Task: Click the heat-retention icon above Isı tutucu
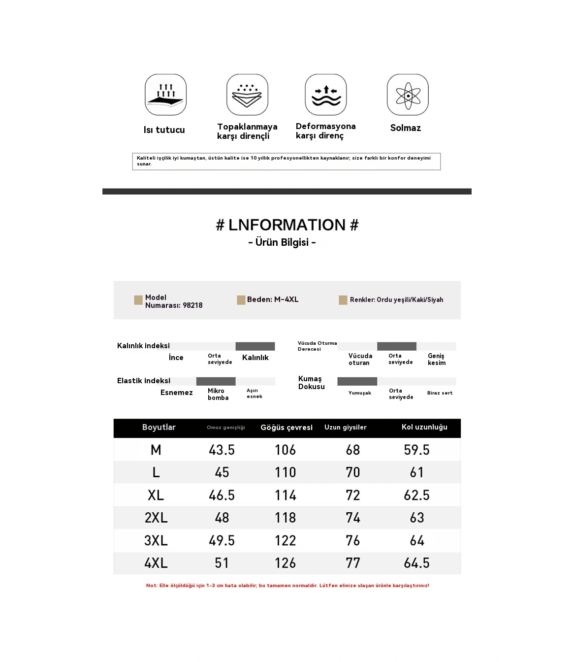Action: pyautogui.click(x=165, y=95)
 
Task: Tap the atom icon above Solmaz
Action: pyautogui.click(x=408, y=95)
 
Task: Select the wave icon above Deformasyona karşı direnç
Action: pyautogui.click(x=326, y=95)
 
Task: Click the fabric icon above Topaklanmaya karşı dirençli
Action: pyautogui.click(x=247, y=95)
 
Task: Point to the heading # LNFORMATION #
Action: pyautogui.click(x=287, y=225)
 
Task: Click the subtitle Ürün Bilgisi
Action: pyautogui.click(x=282, y=242)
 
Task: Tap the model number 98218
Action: pyautogui.click(x=192, y=305)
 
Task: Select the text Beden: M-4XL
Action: pyautogui.click(x=273, y=299)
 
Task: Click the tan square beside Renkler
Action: pyautogui.click(x=343, y=300)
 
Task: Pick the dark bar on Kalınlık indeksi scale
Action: pyautogui.click(x=255, y=346)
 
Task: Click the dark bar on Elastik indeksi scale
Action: pyautogui.click(x=216, y=381)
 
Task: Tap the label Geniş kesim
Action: pyautogui.click(x=437, y=359)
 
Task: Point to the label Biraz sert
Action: pyautogui.click(x=440, y=393)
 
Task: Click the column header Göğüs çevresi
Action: pyautogui.click(x=287, y=428)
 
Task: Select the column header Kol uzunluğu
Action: pyautogui.click(x=424, y=427)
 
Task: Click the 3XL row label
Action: pyautogui.click(x=156, y=540)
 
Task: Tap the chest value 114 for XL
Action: pyautogui.click(x=286, y=495)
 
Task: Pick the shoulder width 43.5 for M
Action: pyautogui.click(x=222, y=450)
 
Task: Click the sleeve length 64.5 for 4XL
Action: pyautogui.click(x=416, y=563)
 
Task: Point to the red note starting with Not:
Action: pyautogui.click(x=287, y=586)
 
